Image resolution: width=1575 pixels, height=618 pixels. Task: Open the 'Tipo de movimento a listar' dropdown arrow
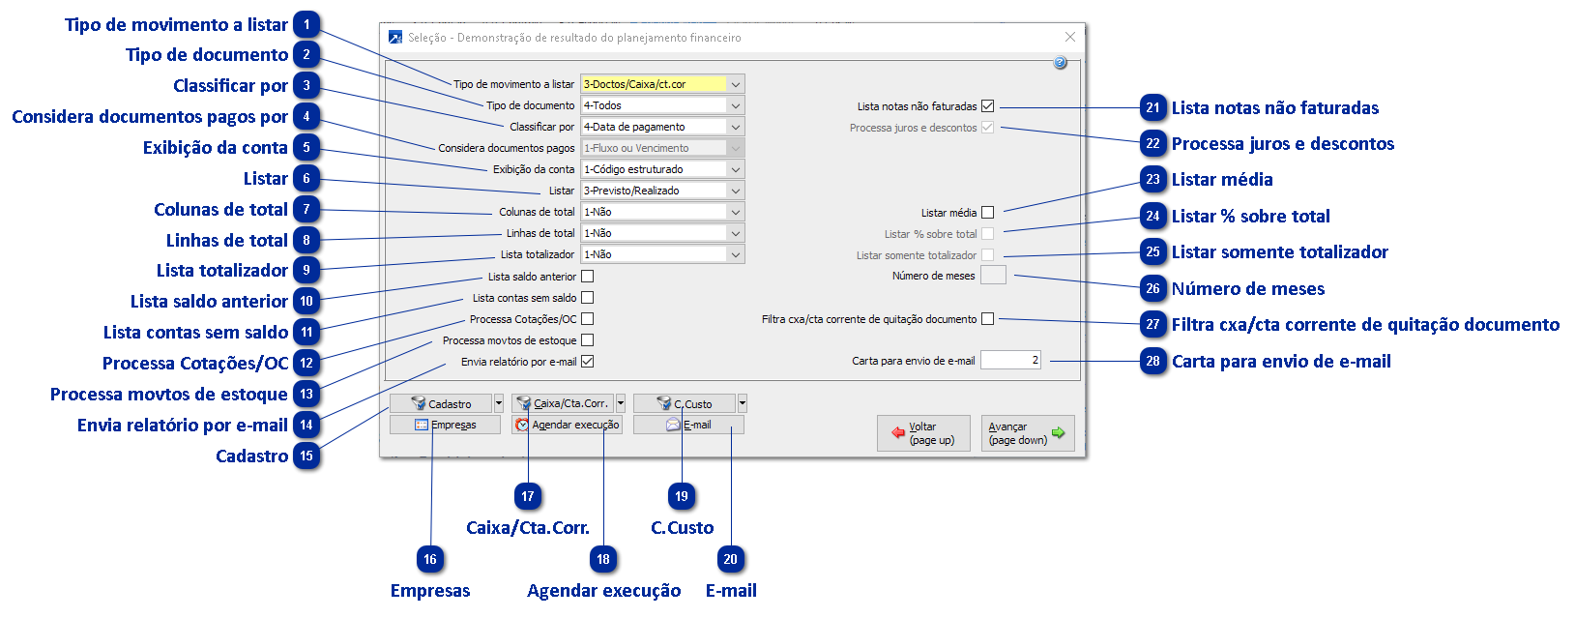[x=735, y=84]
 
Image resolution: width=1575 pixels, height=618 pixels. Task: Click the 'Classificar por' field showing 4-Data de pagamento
[x=654, y=127]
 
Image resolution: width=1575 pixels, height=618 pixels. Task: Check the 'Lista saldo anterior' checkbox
[x=588, y=277]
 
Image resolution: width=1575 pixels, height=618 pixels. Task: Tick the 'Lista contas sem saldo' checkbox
[x=588, y=298]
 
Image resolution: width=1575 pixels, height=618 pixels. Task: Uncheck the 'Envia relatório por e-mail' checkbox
[x=588, y=362]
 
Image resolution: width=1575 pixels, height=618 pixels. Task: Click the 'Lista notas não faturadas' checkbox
[x=987, y=106]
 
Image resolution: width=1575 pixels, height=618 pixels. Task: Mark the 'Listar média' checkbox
[x=987, y=213]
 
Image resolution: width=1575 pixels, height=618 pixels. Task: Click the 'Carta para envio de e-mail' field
[x=1010, y=361]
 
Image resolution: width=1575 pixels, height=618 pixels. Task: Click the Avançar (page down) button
[x=1027, y=433]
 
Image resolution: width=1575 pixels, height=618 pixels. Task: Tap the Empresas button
[x=446, y=425]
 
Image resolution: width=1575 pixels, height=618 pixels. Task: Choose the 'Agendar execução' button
[x=567, y=425]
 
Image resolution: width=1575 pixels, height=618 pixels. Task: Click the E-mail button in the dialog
[x=688, y=425]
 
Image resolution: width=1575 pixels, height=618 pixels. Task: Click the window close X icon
[x=1069, y=37]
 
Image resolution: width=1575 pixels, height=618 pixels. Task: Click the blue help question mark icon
[x=1060, y=63]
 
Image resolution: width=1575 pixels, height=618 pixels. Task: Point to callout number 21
[x=1152, y=108]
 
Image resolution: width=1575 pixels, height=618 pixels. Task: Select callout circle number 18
[x=603, y=559]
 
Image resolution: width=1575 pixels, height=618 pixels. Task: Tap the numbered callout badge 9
[x=306, y=271]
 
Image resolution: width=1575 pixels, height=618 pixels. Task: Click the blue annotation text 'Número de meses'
[x=1248, y=289]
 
